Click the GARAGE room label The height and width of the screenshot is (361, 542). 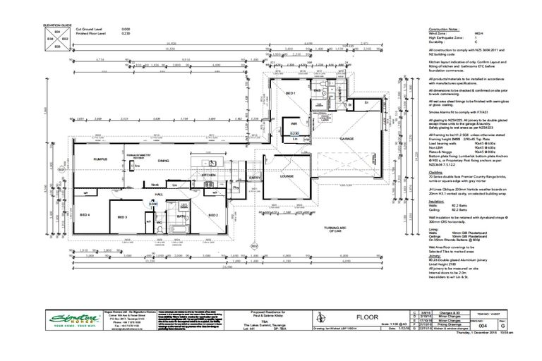pyautogui.click(x=347, y=140)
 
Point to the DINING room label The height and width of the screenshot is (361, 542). pyautogui.click(x=163, y=161)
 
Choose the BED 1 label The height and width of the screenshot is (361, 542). pyautogui.click(x=289, y=93)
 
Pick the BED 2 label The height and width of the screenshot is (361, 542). pyautogui.click(x=212, y=214)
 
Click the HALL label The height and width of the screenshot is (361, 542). pyautogui.click(x=159, y=192)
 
